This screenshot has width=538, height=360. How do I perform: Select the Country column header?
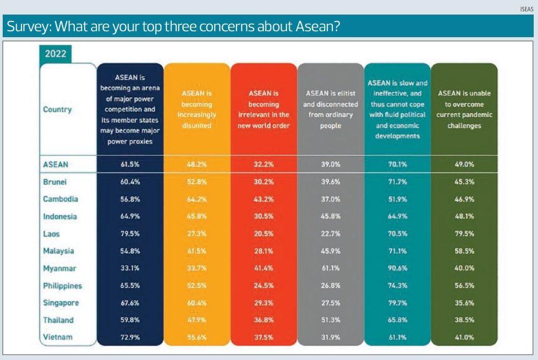click(x=57, y=109)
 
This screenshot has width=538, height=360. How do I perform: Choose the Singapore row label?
click(x=61, y=303)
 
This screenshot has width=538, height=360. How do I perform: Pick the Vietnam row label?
click(x=58, y=337)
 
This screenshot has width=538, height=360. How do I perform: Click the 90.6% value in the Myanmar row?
click(x=397, y=268)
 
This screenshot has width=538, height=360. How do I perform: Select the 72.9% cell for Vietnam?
click(x=130, y=337)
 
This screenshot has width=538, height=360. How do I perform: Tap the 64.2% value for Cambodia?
click(x=197, y=199)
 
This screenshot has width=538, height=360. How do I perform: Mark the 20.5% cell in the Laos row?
click(x=263, y=234)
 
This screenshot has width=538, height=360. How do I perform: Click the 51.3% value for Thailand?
click(x=331, y=320)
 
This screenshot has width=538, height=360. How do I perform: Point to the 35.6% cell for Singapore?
click(x=464, y=303)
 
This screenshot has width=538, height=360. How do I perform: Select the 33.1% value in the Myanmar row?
click(x=130, y=268)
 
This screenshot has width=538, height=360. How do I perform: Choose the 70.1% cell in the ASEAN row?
click(x=397, y=164)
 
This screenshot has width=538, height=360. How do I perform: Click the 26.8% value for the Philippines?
click(x=331, y=286)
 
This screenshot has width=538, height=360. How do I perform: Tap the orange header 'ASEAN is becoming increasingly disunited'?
click(x=197, y=109)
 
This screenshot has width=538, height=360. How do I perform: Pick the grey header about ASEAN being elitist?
click(x=331, y=109)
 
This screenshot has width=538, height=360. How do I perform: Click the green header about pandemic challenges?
click(x=464, y=109)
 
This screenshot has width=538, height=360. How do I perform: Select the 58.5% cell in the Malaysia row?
click(x=464, y=251)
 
